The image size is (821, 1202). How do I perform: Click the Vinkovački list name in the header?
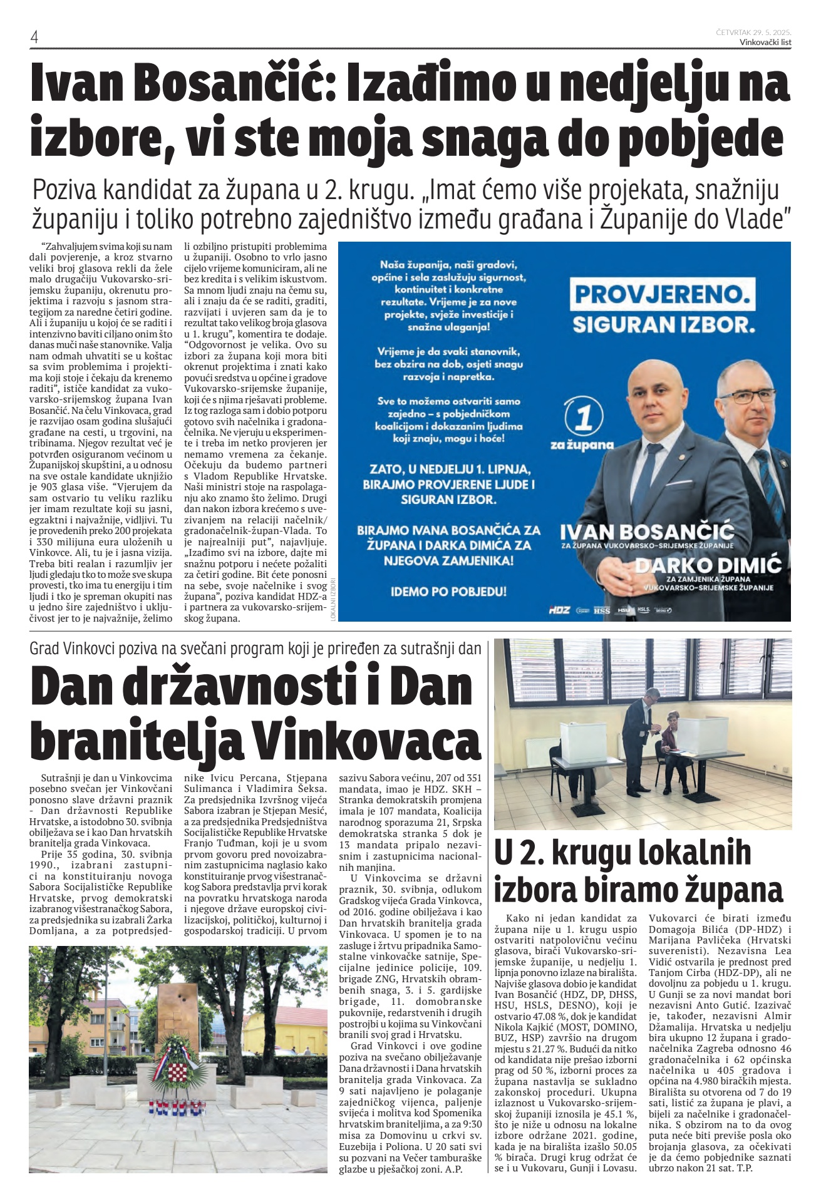coord(765,42)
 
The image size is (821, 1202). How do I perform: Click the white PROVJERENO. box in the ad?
coord(662,295)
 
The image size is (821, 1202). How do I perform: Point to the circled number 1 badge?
coord(584,418)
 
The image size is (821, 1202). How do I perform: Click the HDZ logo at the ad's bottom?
coord(559,609)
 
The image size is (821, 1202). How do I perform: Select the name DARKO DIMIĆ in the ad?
coord(708,566)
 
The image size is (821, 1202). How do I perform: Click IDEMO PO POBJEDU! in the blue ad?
coord(448,591)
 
